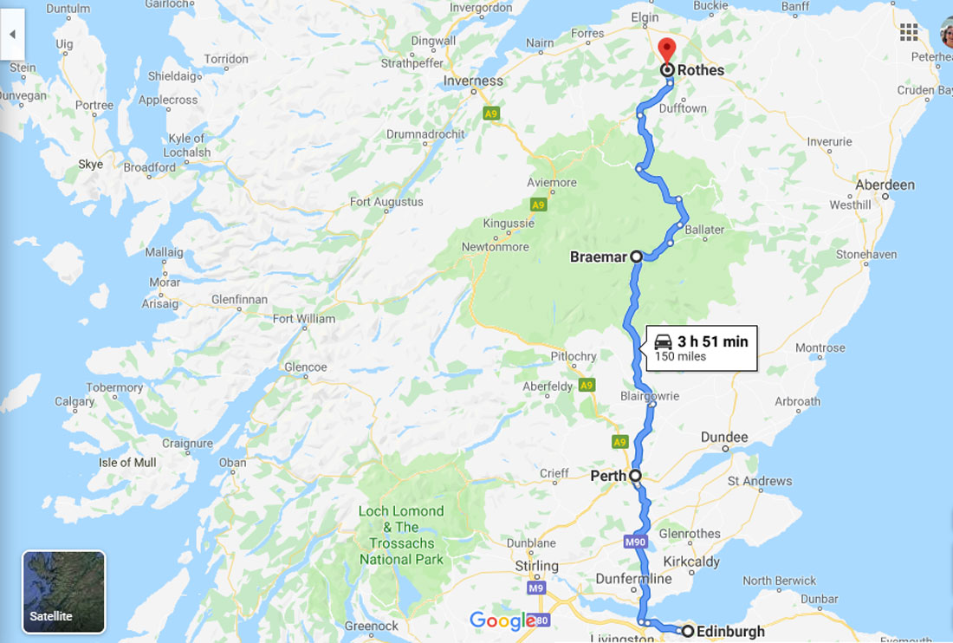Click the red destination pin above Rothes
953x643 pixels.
coord(666,49)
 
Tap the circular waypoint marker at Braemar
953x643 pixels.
coord(636,257)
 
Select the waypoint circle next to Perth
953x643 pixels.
coord(635,476)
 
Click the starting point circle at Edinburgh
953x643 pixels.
coord(687,631)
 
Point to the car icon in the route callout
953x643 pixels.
coord(663,341)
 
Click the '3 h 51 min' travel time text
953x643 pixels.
coord(712,341)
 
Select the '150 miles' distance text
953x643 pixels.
coord(680,356)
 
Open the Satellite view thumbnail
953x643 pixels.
coord(63,592)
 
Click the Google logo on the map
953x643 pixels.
coord(502,620)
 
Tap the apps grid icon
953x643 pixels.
coord(908,33)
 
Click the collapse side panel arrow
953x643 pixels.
coord(12,35)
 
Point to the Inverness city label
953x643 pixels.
coord(473,81)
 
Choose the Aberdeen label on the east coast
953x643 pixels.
coord(885,185)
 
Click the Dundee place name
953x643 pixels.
coord(723,438)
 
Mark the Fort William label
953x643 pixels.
coord(304,319)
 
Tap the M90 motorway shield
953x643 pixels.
coord(634,542)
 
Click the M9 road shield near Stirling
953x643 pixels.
coord(537,589)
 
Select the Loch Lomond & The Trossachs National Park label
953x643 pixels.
coord(401,536)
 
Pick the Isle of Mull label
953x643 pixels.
coord(127,463)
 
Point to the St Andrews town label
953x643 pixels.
coord(760,481)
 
